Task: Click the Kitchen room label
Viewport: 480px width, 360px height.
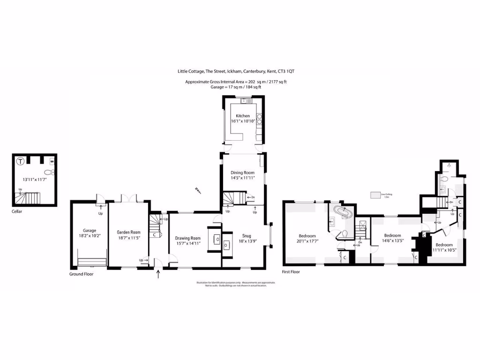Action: tap(243, 116)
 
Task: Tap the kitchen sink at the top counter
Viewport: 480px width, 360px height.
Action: tap(244, 101)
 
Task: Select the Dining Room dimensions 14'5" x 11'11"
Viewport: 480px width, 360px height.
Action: tap(242, 178)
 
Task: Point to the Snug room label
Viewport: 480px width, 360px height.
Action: tap(246, 236)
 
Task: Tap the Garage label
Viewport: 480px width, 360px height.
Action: tap(90, 230)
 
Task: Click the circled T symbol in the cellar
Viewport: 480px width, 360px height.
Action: tap(20, 162)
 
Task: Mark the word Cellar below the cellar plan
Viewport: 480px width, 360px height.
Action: tap(17, 211)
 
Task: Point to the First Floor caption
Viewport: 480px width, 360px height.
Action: tap(291, 271)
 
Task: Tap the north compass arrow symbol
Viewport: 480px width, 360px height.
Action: tap(198, 190)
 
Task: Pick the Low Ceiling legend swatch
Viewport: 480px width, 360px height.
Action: tap(375, 195)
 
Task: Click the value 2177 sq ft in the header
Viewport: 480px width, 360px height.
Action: tap(277, 82)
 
